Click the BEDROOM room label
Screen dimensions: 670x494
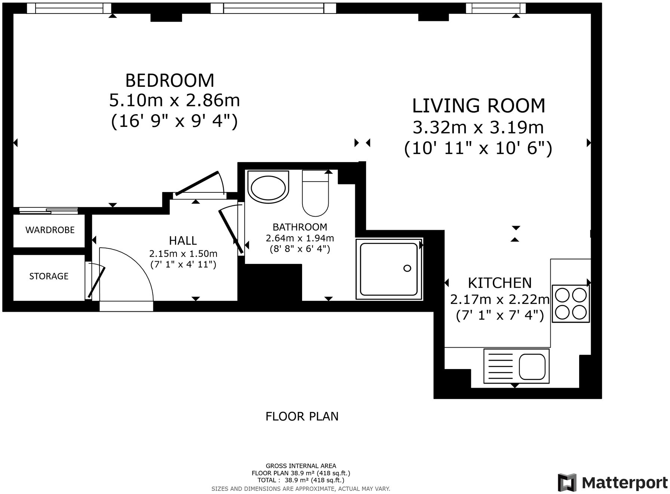pyautogui.click(x=170, y=80)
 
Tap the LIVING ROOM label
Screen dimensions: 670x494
pyautogui.click(x=479, y=106)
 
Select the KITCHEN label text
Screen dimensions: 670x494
pyautogui.click(x=500, y=283)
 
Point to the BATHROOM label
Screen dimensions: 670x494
pyautogui.click(x=300, y=227)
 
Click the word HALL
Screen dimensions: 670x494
pyautogui.click(x=183, y=241)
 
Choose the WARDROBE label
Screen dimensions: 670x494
pyautogui.click(x=50, y=230)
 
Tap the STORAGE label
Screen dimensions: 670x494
pyautogui.click(x=49, y=276)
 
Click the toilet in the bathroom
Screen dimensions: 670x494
pyautogui.click(x=315, y=193)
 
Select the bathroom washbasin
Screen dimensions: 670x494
pyautogui.click(x=268, y=187)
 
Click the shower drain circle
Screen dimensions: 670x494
pyautogui.click(x=408, y=268)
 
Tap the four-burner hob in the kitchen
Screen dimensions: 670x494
pyautogui.click(x=571, y=304)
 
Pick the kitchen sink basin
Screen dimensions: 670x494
pyautogui.click(x=532, y=367)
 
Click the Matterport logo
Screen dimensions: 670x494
pyautogui.click(x=612, y=483)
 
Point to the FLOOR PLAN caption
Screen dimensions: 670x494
pyautogui.click(x=302, y=417)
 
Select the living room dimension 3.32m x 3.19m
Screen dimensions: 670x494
pyautogui.click(x=478, y=128)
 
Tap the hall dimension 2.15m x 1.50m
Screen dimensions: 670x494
pyautogui.click(x=183, y=254)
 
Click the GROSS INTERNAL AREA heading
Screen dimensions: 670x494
pyautogui.click(x=301, y=466)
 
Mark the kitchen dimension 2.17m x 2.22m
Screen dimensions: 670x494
pyautogui.click(x=500, y=300)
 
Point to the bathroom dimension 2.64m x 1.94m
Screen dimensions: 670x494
pyautogui.click(x=300, y=238)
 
